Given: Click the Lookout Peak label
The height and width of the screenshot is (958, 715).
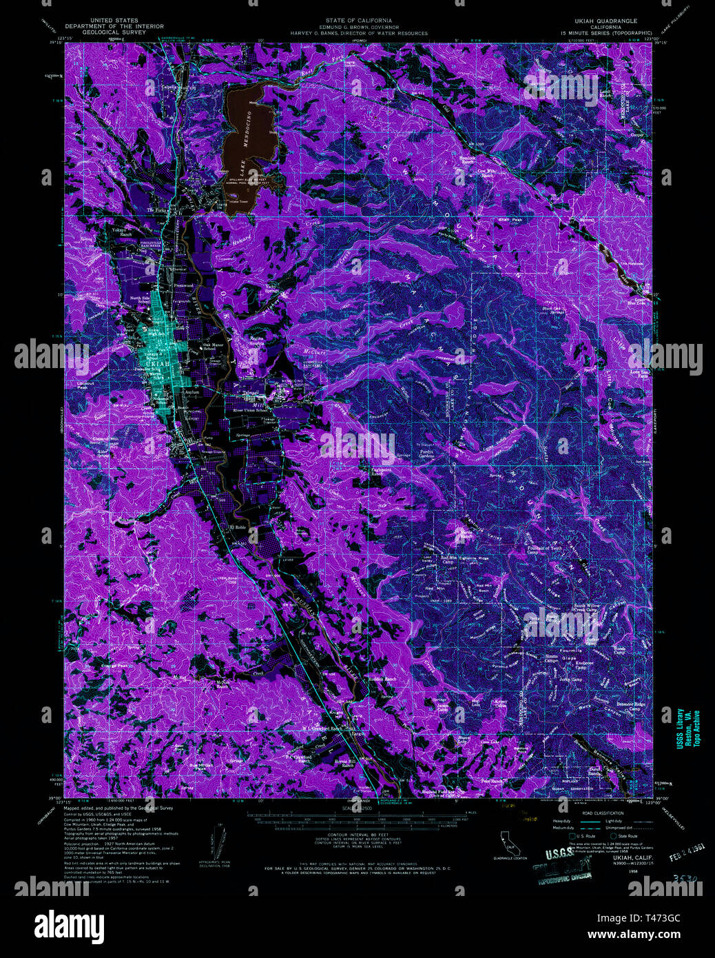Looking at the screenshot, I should click(x=87, y=384).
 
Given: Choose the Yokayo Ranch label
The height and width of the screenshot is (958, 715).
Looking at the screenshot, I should click(x=125, y=233).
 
